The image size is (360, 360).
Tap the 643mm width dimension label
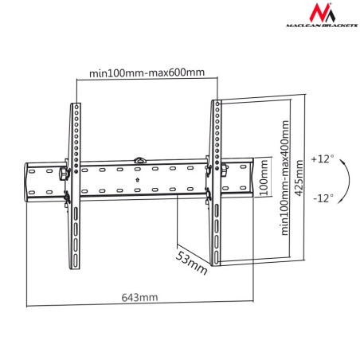(x=139, y=297)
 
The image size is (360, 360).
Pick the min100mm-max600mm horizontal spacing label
(x=146, y=72)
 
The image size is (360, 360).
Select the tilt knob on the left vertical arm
(x=63, y=173)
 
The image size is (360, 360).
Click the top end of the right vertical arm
(x=215, y=104)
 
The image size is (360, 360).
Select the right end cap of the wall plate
(x=257, y=177)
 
